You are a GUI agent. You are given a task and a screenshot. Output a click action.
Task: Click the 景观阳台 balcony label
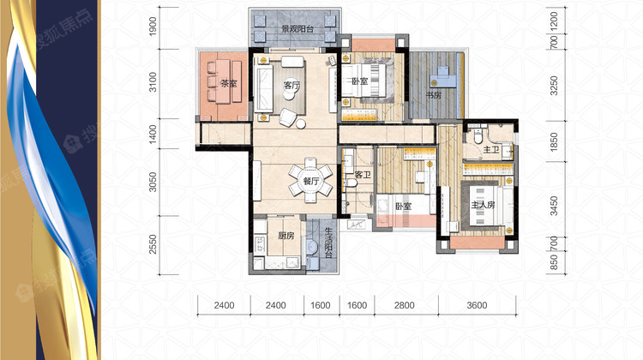coord(297,29)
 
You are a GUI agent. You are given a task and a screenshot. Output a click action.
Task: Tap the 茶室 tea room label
coord(229,84)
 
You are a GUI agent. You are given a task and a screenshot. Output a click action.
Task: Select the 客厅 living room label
coord(291,85)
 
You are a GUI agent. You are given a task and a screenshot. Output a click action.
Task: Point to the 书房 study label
coord(434,95)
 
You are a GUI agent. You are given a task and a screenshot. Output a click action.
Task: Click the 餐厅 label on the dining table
coord(311,181)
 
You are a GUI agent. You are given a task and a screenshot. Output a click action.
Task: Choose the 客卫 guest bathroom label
coord(363,175)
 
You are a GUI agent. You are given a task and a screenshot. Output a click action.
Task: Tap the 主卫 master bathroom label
coord(490,150)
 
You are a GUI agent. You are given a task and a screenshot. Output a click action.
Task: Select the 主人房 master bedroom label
coord(483,205)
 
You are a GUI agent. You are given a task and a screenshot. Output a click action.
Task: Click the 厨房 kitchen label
coord(285,236)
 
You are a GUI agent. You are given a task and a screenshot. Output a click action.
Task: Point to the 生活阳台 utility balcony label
coord(328,243)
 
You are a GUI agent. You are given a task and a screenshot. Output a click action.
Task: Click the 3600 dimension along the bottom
coord(477,305)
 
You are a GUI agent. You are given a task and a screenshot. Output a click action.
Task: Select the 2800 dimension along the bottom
coord(405,305)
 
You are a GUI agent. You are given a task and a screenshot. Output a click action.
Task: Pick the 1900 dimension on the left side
coord(153,27)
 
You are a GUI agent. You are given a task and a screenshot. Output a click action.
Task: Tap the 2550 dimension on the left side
coord(153,244)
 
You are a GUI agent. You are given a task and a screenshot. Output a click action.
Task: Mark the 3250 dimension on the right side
coord(554,85)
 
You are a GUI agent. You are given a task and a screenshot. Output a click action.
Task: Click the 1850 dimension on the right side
coord(554,142)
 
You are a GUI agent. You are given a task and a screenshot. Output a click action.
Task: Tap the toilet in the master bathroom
coord(478,135)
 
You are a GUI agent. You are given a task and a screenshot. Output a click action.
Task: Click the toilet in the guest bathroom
coord(350,182)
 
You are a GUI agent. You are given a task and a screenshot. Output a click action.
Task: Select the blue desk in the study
coord(443,77)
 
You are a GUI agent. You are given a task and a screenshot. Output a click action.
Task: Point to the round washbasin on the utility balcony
coord(312,247)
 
